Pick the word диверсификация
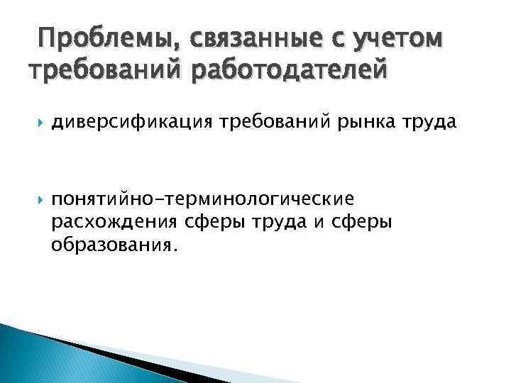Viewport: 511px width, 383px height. [x=131, y=123]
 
